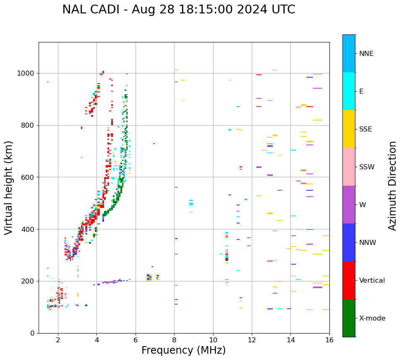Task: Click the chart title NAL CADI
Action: point(178,10)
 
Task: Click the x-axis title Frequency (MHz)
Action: point(183,350)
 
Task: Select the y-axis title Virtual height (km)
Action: point(9,187)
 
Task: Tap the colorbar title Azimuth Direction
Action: point(392,186)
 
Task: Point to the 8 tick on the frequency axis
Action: point(174,339)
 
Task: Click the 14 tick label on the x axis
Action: point(290,339)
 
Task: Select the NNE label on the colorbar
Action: point(366,54)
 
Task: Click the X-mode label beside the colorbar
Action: point(372,318)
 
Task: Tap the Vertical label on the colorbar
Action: point(372,281)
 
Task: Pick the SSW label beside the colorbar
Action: point(367,167)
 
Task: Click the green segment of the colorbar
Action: point(349,318)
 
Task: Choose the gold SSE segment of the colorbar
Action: point(349,129)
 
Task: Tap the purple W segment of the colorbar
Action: point(349,205)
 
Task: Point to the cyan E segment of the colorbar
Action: point(349,91)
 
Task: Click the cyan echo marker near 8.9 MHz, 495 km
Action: point(191,204)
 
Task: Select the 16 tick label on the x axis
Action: point(329,339)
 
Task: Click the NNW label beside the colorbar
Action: point(368,243)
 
